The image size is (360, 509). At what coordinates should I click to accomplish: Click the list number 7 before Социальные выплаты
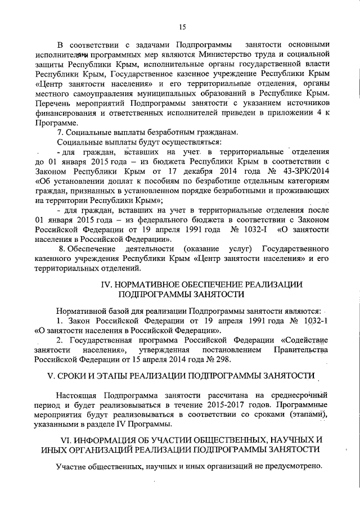point(60,132)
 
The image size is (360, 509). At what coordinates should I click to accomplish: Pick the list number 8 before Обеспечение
point(61,249)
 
